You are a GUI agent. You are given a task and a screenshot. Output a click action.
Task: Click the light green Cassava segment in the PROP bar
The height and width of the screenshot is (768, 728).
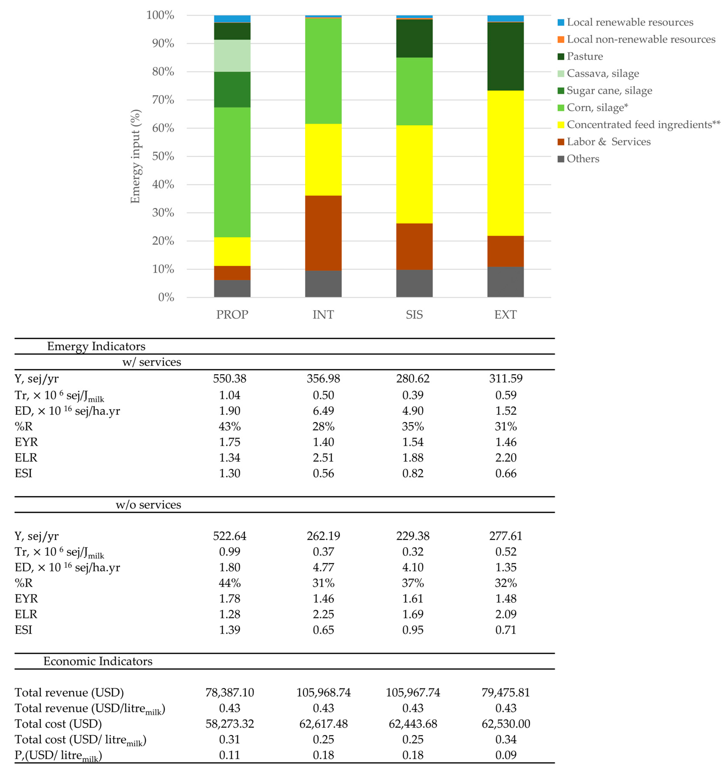click(232, 56)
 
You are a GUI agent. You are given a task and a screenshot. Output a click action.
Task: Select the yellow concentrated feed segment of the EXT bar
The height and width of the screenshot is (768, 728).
click(505, 163)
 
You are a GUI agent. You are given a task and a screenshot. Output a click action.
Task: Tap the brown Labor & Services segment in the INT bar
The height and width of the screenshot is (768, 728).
click(323, 233)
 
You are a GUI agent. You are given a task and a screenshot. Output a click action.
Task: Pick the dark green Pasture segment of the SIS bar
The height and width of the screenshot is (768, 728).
click(414, 38)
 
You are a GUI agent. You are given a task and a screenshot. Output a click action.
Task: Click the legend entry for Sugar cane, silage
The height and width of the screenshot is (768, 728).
click(609, 90)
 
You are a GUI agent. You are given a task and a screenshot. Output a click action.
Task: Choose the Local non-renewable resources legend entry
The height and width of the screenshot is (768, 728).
click(640, 39)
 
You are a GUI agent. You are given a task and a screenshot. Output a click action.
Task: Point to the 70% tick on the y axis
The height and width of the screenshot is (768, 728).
click(163, 100)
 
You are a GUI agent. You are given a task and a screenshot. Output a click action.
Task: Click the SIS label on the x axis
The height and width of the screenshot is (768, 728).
click(414, 314)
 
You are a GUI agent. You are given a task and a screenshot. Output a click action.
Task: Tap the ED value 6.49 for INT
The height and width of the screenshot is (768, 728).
click(323, 411)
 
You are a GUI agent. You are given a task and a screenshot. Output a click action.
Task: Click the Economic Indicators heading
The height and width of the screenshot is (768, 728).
click(98, 661)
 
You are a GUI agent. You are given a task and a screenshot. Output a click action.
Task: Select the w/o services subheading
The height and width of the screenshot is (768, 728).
click(148, 505)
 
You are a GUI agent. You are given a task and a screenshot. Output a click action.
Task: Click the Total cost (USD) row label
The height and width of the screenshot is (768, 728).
click(58, 724)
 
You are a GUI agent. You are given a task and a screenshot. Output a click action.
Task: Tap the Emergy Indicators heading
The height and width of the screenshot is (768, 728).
click(96, 346)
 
